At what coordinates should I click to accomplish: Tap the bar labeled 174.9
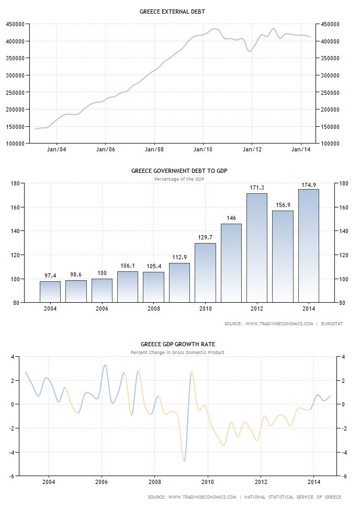(308, 246)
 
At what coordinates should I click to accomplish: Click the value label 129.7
(205, 238)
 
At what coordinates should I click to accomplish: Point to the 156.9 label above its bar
(283, 205)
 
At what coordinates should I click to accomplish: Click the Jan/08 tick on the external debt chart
(154, 149)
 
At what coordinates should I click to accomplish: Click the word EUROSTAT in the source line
(332, 324)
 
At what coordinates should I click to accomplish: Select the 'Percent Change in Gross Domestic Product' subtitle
(177, 352)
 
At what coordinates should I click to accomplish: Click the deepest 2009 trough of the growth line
(184, 460)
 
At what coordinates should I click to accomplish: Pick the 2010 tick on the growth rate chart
(208, 482)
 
